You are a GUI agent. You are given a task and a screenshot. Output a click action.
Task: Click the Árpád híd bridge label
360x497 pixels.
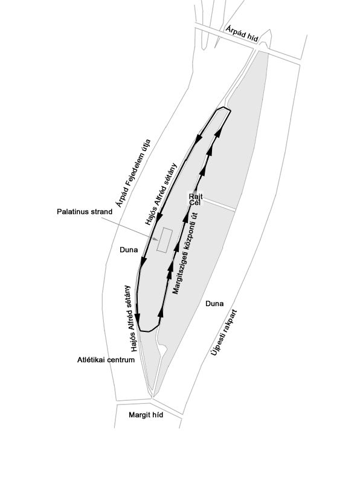coord(242,34)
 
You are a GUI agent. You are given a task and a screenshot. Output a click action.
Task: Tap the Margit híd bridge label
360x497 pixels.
coord(146,415)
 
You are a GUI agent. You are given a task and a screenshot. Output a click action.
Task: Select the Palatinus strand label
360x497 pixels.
coord(85,212)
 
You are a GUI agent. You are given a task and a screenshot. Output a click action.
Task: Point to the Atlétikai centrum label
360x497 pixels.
coord(106,360)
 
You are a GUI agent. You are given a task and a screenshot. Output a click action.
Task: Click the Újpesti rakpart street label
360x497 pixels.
coord(224,333)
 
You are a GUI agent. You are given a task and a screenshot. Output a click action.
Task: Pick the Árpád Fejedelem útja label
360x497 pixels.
coord(133,174)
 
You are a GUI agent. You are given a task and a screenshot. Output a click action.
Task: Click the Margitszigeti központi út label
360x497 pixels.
coord(185,253)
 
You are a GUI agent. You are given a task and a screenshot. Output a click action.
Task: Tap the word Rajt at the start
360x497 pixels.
coord(196,197)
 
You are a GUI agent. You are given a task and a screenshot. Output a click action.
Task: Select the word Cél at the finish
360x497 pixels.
coord(194,202)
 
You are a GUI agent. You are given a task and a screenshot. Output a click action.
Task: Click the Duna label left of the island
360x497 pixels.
coord(129,250)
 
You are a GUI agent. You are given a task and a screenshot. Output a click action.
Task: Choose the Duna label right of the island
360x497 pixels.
coord(214,304)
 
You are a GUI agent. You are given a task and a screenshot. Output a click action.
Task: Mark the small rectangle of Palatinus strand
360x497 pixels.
coord(165,240)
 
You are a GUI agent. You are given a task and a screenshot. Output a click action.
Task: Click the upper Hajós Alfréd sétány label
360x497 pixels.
coord(161,193)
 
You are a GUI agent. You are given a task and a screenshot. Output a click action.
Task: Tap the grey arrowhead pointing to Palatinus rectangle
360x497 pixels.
coord(155,239)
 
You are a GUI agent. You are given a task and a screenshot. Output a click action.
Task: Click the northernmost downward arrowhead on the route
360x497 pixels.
coord(199,139)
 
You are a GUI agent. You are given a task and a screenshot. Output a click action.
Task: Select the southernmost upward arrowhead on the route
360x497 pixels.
coord(161,312)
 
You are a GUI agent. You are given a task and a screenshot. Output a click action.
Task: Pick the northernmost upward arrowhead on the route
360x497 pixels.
coord(218,132)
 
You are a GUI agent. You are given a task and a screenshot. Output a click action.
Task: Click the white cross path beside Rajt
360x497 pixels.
coord(219,204)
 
